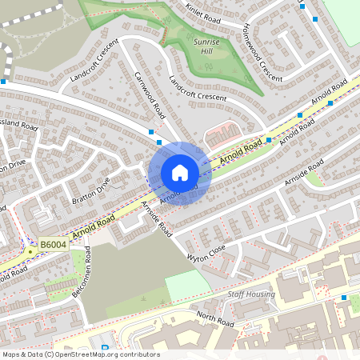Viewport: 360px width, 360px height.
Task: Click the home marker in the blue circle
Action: pyautogui.click(x=180, y=172)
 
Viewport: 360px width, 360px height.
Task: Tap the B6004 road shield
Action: pyautogui.click(x=54, y=245)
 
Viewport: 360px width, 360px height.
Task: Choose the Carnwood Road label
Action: pyautogui.click(x=150, y=93)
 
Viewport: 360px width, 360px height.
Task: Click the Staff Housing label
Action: pyautogui.click(x=250, y=294)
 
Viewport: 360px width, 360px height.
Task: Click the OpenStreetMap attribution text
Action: pyautogui.click(x=80, y=354)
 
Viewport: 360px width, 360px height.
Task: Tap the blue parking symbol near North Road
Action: pyautogui.click(x=105, y=347)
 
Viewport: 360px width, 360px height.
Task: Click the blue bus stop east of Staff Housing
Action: pyautogui.click(x=344, y=298)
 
